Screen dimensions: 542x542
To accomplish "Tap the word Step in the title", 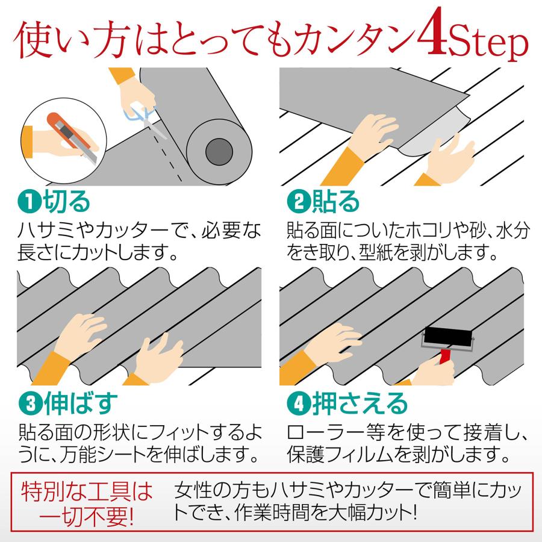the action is tap(488, 42).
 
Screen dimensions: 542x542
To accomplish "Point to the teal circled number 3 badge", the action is tap(31, 403).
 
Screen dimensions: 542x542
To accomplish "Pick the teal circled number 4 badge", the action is tap(299, 403).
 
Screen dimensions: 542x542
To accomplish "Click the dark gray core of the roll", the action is tap(219, 151).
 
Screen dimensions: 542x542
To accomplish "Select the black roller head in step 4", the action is tap(448, 335).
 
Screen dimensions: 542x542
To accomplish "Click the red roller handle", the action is tap(445, 357).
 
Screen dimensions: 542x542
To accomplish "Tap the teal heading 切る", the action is tap(66, 202).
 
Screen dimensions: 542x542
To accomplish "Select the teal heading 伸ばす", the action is tap(81, 403).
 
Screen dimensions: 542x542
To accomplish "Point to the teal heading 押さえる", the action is tap(360, 403).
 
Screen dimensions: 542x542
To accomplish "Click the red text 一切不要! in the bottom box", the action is tap(86, 517).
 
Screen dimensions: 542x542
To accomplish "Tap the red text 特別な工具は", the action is tap(87, 491).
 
